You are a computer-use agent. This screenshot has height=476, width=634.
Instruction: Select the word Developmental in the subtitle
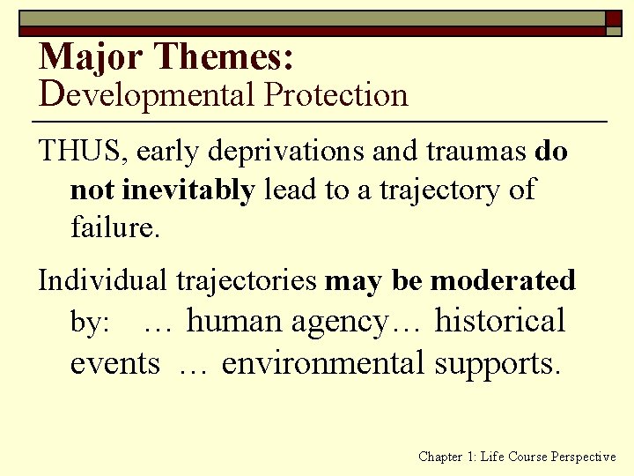(x=145, y=95)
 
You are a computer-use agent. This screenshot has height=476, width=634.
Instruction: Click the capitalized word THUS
(x=84, y=152)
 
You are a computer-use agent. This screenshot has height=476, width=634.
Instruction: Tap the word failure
(x=114, y=228)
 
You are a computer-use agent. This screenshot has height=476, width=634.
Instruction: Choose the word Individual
(x=105, y=280)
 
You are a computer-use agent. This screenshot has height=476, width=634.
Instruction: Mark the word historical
(x=500, y=321)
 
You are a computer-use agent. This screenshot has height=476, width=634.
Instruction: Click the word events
(x=114, y=361)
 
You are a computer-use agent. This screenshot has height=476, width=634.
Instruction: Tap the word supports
(x=497, y=361)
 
